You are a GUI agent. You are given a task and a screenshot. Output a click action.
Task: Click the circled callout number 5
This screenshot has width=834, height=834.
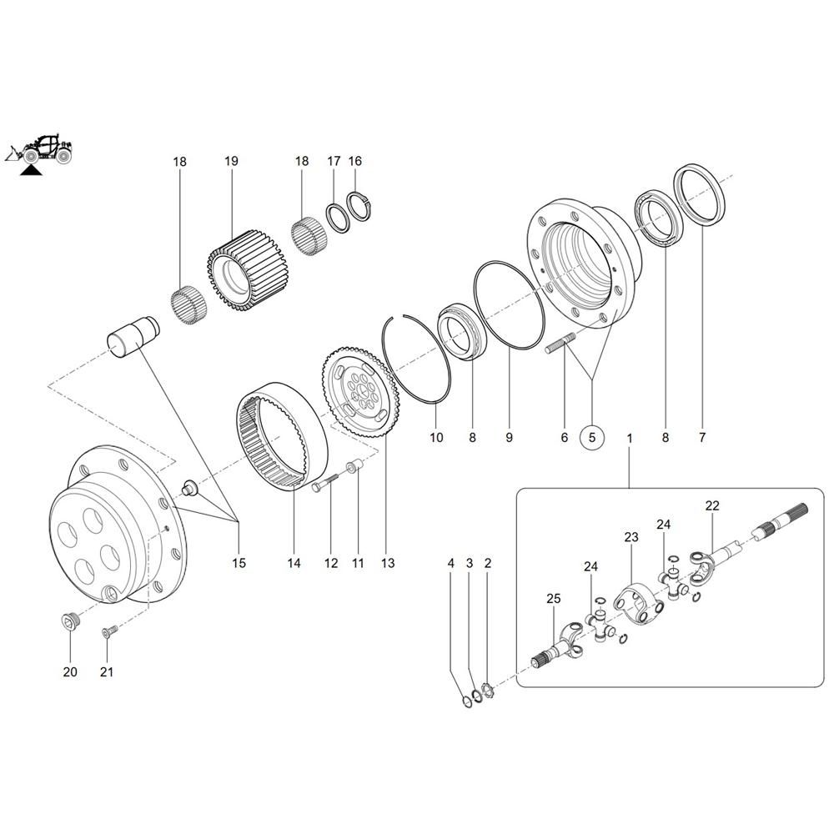click(593, 436)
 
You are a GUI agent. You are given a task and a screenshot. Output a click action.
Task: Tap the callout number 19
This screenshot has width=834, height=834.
click(231, 161)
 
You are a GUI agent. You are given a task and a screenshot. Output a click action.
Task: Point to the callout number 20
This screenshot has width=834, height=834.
click(69, 672)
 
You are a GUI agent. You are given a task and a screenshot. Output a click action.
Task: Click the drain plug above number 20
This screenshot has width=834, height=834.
click(69, 620)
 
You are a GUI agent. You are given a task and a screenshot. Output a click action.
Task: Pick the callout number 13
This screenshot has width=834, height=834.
click(387, 563)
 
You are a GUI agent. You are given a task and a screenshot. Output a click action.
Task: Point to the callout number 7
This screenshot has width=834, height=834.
click(701, 436)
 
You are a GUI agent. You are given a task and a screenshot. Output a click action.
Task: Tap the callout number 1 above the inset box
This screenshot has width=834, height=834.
click(630, 436)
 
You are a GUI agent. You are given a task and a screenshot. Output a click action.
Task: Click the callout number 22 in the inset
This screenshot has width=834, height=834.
click(711, 505)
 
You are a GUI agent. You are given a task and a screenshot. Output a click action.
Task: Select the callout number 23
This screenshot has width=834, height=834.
click(631, 538)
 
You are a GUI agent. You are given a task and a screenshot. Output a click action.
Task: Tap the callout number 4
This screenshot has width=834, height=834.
click(451, 564)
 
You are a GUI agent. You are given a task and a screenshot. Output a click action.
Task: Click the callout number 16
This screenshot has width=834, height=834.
click(355, 161)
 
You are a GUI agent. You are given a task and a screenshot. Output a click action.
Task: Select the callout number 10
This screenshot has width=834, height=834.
click(436, 436)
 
